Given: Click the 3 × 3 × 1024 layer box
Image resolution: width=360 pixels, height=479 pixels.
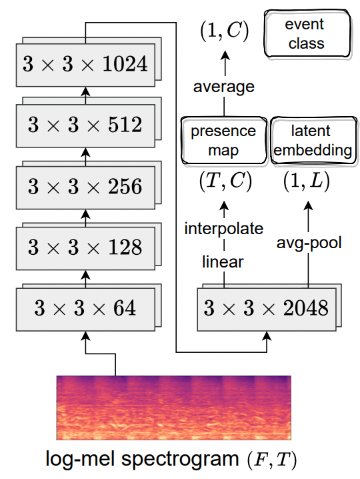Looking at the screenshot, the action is (x=85, y=65).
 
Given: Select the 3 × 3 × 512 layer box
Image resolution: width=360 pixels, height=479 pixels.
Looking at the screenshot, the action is (x=85, y=125).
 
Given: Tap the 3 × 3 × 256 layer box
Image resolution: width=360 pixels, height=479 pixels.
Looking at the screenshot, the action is (x=85, y=187).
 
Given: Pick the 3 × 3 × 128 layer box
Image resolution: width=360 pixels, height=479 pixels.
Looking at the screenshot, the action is (x=85, y=248).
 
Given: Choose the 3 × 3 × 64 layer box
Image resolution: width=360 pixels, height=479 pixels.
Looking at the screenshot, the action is (x=85, y=309).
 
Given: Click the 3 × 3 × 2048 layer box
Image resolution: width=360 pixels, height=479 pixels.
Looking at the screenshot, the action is (x=267, y=309).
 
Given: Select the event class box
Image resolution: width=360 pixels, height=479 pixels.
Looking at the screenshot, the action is (x=307, y=33).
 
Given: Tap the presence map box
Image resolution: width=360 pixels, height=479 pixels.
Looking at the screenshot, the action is (x=224, y=140).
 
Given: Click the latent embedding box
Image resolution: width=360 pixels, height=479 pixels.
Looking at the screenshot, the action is (x=313, y=140).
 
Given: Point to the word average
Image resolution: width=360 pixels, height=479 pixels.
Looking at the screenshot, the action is (x=224, y=87).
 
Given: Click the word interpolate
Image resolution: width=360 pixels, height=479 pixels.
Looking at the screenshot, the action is (x=224, y=229).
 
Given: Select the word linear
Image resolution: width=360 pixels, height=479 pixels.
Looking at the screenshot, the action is (x=223, y=262).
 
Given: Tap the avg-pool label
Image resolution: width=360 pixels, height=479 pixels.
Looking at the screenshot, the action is (x=309, y=243).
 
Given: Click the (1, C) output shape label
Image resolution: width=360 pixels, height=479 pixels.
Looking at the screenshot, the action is (x=225, y=31).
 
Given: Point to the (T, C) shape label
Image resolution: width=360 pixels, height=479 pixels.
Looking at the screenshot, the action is (x=225, y=181).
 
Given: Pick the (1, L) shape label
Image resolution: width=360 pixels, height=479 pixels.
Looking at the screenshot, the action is (x=307, y=181).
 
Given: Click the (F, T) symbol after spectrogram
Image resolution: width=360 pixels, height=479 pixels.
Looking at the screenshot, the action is (x=271, y=460).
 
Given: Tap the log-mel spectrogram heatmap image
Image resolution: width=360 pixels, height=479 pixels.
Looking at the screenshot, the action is (x=174, y=408).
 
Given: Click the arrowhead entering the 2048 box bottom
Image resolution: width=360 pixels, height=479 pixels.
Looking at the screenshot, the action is (x=267, y=336).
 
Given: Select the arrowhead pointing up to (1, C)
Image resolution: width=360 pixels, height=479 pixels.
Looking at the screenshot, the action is (x=225, y=55).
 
